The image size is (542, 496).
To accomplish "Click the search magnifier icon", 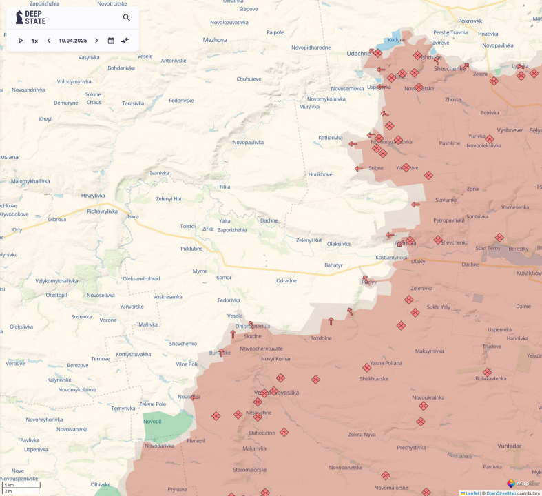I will pos(127,18).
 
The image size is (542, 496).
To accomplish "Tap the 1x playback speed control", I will pos(34,41).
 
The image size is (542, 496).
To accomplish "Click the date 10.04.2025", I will pos(72,41).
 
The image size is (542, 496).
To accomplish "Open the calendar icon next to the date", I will pos(111,41).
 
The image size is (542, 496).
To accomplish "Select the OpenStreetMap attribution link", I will pos(501,493).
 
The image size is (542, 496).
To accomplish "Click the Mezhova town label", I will pos(215,40).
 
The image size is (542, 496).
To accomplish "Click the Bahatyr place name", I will pos(333,265).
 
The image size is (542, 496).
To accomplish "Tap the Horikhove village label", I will pos(320,174).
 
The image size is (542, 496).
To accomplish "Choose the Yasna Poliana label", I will pos(386,363).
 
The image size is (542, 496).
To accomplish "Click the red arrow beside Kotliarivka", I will pos(352,144).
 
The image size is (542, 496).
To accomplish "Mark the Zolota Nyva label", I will pos(362,434).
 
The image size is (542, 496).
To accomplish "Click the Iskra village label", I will pos(133,216).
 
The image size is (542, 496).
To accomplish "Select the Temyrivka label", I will pos(123,408).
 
